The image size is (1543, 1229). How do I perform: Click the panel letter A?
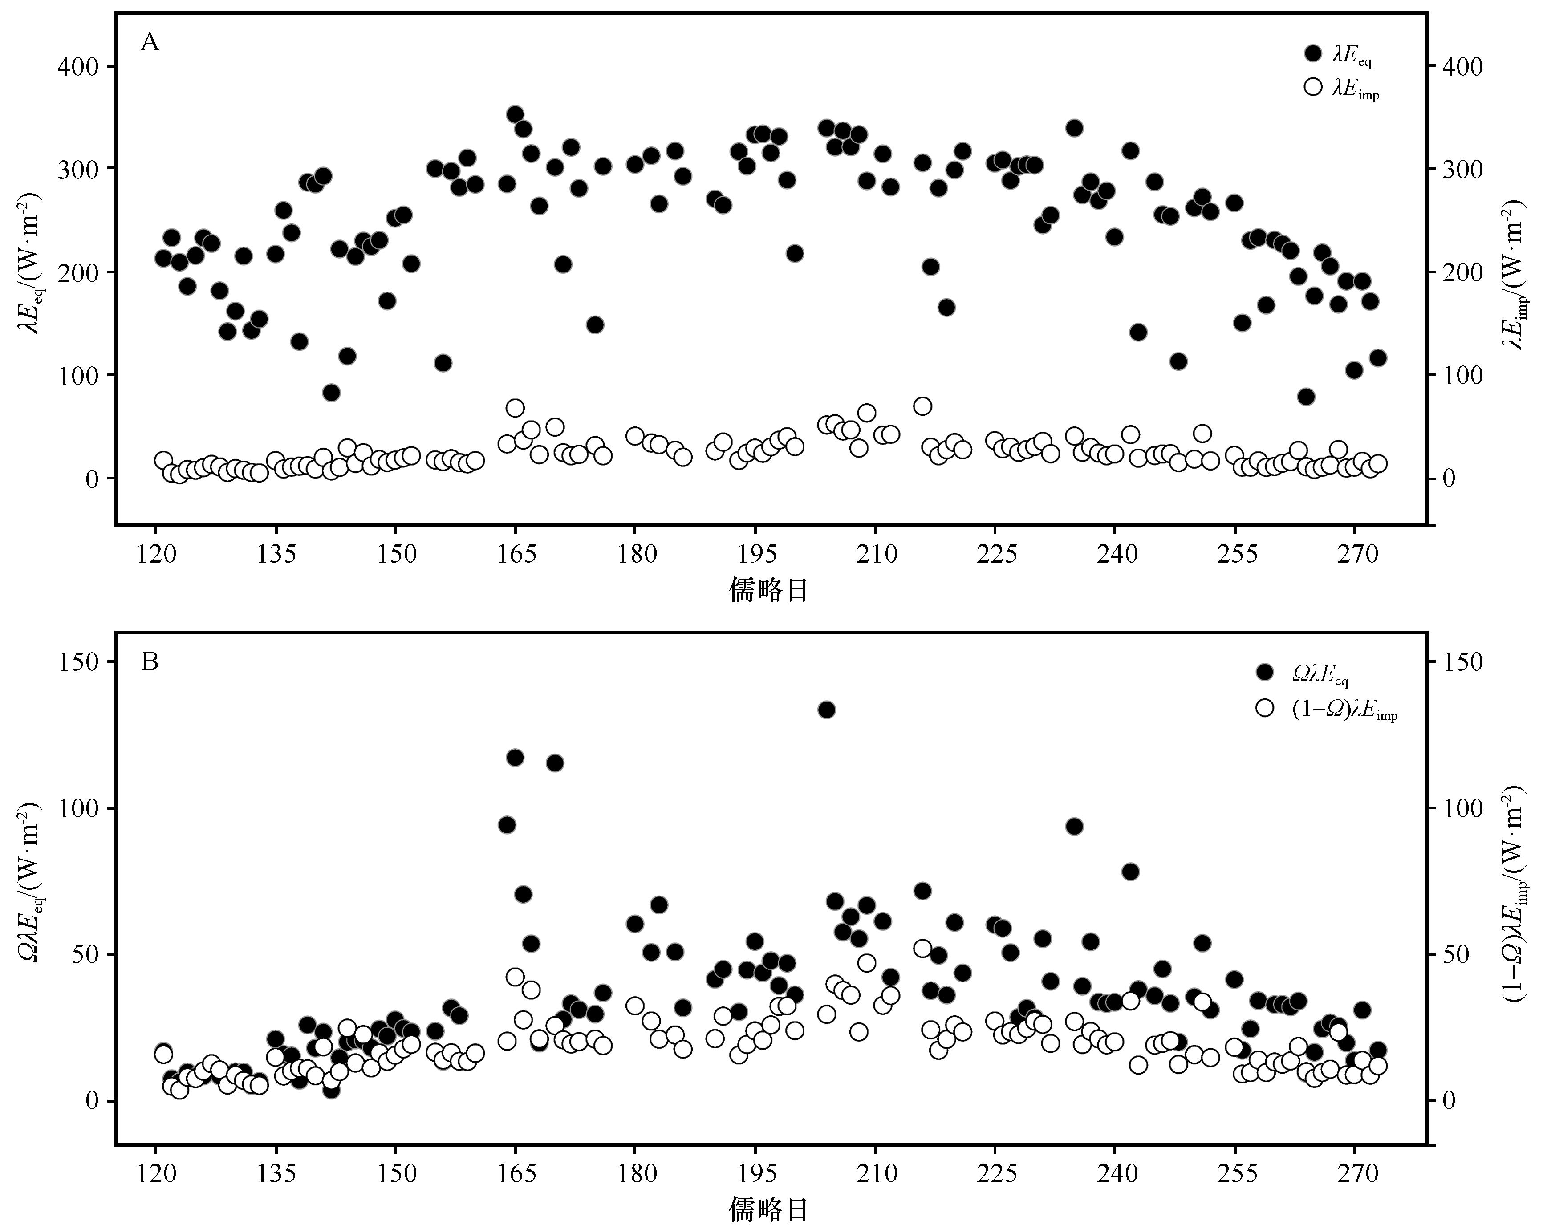click(150, 43)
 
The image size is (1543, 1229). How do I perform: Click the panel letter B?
click(150, 662)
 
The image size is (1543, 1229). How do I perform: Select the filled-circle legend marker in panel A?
click(1312, 53)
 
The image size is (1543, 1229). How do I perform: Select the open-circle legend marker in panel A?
click(1312, 87)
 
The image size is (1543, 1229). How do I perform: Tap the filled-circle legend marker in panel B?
click(1265, 671)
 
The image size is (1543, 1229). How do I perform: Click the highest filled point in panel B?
click(827, 710)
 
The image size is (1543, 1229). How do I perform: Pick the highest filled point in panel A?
click(515, 114)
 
